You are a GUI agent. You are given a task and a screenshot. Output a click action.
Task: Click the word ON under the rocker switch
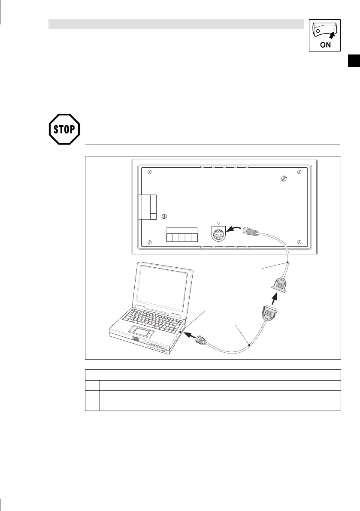coord(325,45)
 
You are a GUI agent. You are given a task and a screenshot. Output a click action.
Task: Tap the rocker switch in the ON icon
coord(325,31)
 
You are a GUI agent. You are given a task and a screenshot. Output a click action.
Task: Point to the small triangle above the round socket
coord(218,223)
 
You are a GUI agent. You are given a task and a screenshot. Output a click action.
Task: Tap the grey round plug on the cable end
coord(249,231)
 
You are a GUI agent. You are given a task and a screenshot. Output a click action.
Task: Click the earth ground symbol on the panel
coord(164,218)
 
